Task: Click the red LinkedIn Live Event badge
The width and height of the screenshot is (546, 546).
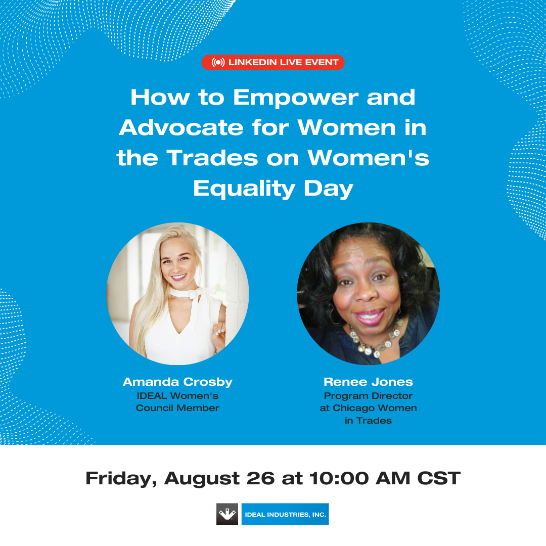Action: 272,62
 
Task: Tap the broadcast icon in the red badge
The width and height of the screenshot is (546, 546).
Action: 218,62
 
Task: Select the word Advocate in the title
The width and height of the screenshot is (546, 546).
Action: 181,127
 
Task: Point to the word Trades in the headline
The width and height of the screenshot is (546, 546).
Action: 212,158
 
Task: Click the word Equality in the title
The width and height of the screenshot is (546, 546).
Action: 244,189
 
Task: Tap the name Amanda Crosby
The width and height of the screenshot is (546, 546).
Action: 177,382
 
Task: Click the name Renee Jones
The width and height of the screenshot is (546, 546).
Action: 368,382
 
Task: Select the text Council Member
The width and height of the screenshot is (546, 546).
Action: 177,408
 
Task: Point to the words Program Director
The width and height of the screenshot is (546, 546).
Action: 368,396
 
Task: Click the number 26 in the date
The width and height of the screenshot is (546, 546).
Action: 260,478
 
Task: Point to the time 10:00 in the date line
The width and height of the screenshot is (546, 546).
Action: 339,478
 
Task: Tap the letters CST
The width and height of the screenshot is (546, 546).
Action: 439,478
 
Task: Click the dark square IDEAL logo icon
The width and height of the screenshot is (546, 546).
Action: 227,514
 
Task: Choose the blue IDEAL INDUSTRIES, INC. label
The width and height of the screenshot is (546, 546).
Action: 285,514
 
